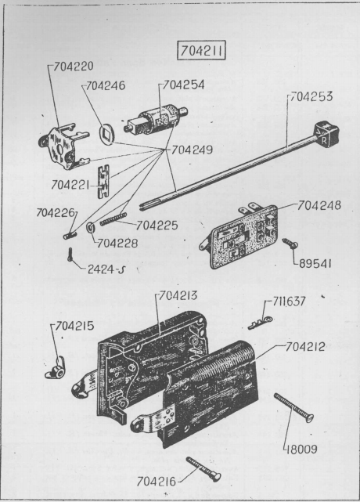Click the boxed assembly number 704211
coord(201,51)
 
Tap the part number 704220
coord(74,67)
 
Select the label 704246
coord(106,85)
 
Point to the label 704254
coord(184,85)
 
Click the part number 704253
coord(311,96)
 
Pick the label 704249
coord(192,150)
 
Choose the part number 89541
coord(315,264)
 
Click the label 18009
coord(301,450)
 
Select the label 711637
coord(289,302)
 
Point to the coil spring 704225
coord(113,219)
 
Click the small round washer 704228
coord(90,228)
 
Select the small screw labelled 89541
coord(290,244)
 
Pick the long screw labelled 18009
coord(293,407)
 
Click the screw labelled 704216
coord(203,469)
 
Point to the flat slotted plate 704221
coord(103,181)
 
